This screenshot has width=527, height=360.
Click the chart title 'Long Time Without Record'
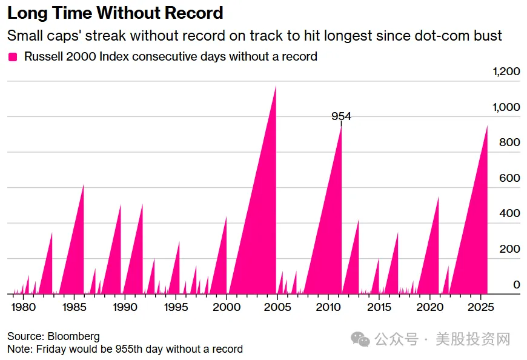coord(115,12)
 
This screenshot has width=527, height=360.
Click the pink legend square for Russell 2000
coord(13,57)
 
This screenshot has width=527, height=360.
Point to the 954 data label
coord(341,116)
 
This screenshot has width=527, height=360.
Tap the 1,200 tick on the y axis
coord(506,72)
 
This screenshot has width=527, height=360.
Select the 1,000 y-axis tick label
coord(506,107)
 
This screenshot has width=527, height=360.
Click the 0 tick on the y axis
coord(517,285)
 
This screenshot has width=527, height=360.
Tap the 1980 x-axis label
coord(23,307)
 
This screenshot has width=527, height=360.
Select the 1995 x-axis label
coord(176,307)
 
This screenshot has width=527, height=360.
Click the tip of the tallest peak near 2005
coord(276,87)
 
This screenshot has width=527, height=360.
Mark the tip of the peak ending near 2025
coord(487,126)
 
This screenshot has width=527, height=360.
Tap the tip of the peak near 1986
coord(84,185)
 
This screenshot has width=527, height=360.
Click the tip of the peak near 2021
coord(438,198)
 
